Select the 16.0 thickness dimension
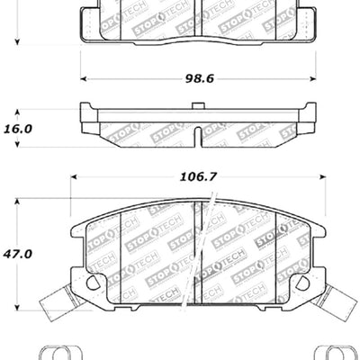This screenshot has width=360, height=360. point(17,129)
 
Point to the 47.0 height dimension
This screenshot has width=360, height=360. point(17,255)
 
